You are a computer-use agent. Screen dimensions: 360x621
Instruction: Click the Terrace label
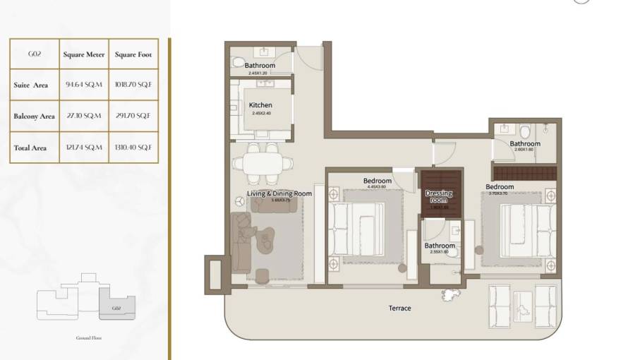(399, 308)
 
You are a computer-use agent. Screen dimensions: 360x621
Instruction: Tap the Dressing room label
(438, 196)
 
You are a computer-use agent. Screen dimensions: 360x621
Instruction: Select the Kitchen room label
(260, 105)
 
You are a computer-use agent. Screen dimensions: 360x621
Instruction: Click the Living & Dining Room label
(279, 193)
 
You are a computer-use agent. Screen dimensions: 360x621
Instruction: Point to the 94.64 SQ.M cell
(84, 85)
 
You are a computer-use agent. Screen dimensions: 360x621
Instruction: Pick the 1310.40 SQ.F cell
(133, 148)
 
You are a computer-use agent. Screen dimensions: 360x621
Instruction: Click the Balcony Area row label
(34, 116)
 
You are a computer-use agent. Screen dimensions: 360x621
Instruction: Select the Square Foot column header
(133, 54)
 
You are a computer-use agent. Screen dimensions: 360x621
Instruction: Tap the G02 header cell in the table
(34, 54)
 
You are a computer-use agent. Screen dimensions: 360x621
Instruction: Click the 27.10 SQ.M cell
(84, 116)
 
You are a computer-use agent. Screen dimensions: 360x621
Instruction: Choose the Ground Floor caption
(89, 338)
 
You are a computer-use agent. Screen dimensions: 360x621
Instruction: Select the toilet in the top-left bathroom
(238, 56)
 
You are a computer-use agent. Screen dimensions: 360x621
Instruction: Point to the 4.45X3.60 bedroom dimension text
(377, 187)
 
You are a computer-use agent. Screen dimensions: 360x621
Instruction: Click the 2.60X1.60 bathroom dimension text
(525, 150)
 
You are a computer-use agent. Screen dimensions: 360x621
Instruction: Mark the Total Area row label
(30, 148)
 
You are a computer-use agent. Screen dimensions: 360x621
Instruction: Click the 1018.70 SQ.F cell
(133, 85)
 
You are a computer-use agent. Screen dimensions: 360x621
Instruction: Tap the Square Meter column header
(84, 54)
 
